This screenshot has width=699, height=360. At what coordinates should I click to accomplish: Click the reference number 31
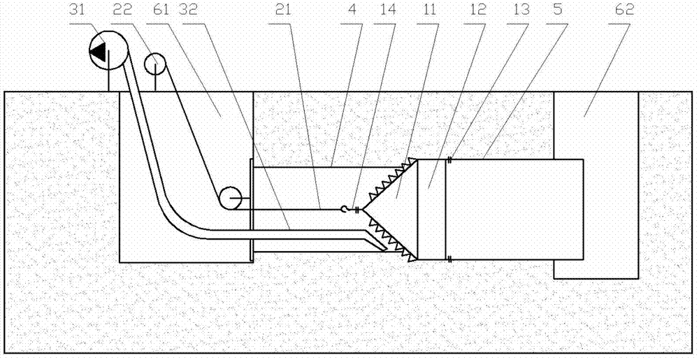[78, 10]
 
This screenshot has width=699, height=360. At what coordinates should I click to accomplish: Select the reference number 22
[120, 10]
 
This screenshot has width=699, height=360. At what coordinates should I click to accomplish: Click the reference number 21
[283, 10]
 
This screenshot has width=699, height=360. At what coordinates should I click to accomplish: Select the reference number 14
[388, 10]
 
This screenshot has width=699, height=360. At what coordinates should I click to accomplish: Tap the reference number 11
[429, 10]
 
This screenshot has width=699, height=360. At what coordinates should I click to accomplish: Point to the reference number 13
[521, 10]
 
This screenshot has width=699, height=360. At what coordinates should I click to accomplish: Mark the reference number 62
[624, 10]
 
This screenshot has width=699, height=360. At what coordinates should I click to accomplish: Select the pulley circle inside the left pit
[229, 198]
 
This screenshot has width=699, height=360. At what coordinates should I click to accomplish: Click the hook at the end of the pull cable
[344, 208]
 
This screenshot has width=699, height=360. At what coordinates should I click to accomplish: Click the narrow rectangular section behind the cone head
[431, 210]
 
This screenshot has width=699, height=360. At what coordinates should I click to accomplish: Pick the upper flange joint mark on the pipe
[450, 159]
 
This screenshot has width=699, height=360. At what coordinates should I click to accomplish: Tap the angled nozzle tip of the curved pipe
[381, 245]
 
